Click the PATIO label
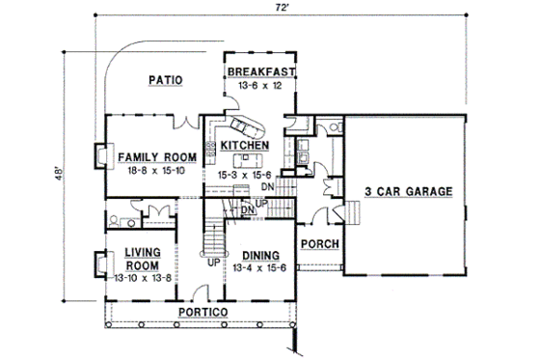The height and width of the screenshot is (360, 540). tap(166, 80)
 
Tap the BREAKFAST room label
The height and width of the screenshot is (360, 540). tap(257, 71)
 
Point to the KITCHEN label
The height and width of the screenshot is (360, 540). tap(243, 144)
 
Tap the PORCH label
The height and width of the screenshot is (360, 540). tap(318, 243)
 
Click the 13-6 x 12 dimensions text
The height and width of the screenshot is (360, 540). tap(257, 85)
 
